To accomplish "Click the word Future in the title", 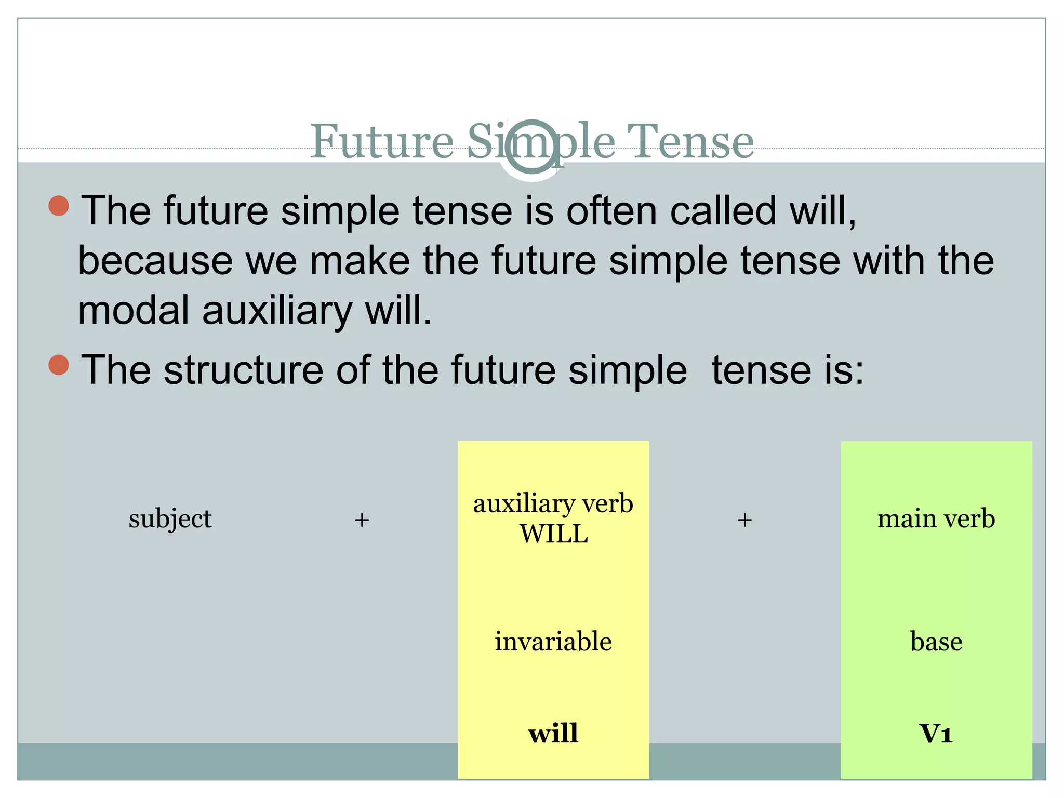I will click(382, 141).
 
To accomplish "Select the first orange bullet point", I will click(59, 206).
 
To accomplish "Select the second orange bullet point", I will click(59, 365).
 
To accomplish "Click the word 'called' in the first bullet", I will click(723, 211).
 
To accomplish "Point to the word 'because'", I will click(155, 261).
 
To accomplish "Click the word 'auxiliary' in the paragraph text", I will click(277, 311).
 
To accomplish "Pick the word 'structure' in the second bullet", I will click(243, 370).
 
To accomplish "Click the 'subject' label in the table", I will click(170, 519).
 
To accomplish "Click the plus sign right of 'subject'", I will click(362, 520).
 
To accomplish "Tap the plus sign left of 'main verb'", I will click(744, 520).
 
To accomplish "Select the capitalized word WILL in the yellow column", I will click(554, 534).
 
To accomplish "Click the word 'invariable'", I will click(553, 642).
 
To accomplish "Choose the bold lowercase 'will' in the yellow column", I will click(553, 734).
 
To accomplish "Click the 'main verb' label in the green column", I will click(936, 519).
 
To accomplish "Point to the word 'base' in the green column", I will click(936, 642).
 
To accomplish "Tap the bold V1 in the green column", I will click(936, 734).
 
